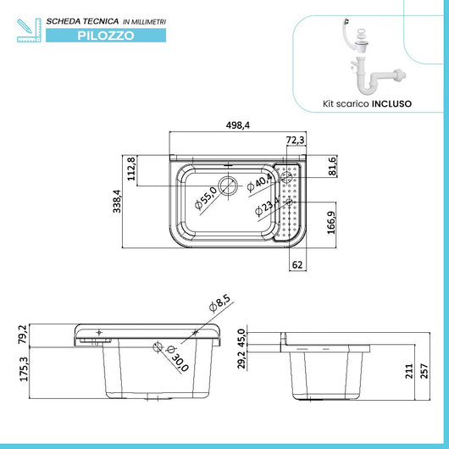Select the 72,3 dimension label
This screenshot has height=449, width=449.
pyautogui.click(x=296, y=139)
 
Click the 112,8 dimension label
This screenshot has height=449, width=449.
pyautogui.click(x=132, y=170)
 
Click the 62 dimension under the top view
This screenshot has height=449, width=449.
pyautogui.click(x=297, y=264)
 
